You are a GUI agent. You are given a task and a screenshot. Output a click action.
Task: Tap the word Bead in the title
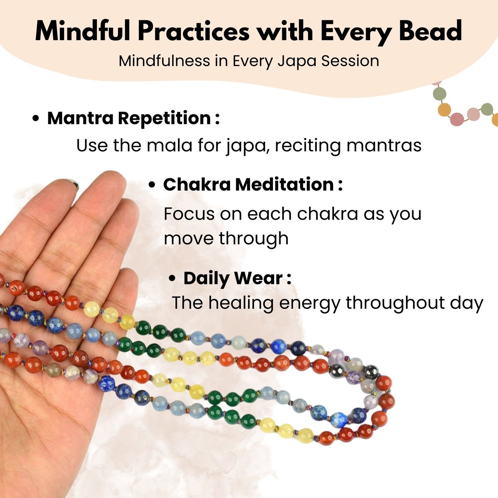(430, 31)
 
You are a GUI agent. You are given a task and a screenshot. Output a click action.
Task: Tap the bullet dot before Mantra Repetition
(36, 119)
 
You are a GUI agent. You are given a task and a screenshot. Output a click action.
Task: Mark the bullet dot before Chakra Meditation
(152, 185)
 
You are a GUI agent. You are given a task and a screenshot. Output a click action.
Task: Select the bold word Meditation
(285, 184)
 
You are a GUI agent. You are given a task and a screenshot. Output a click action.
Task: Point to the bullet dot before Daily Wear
(172, 279)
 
